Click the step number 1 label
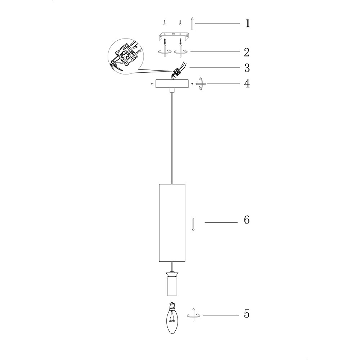pos(248,23)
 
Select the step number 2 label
pos(247,52)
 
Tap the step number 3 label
pos(247,68)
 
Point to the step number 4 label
pos(247,84)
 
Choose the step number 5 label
pos(247,314)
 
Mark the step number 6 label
pos(247,220)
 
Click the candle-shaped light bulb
pos(172,318)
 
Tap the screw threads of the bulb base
pos(172,306)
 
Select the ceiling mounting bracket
pos(174,36)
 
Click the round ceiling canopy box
pos(172,84)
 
